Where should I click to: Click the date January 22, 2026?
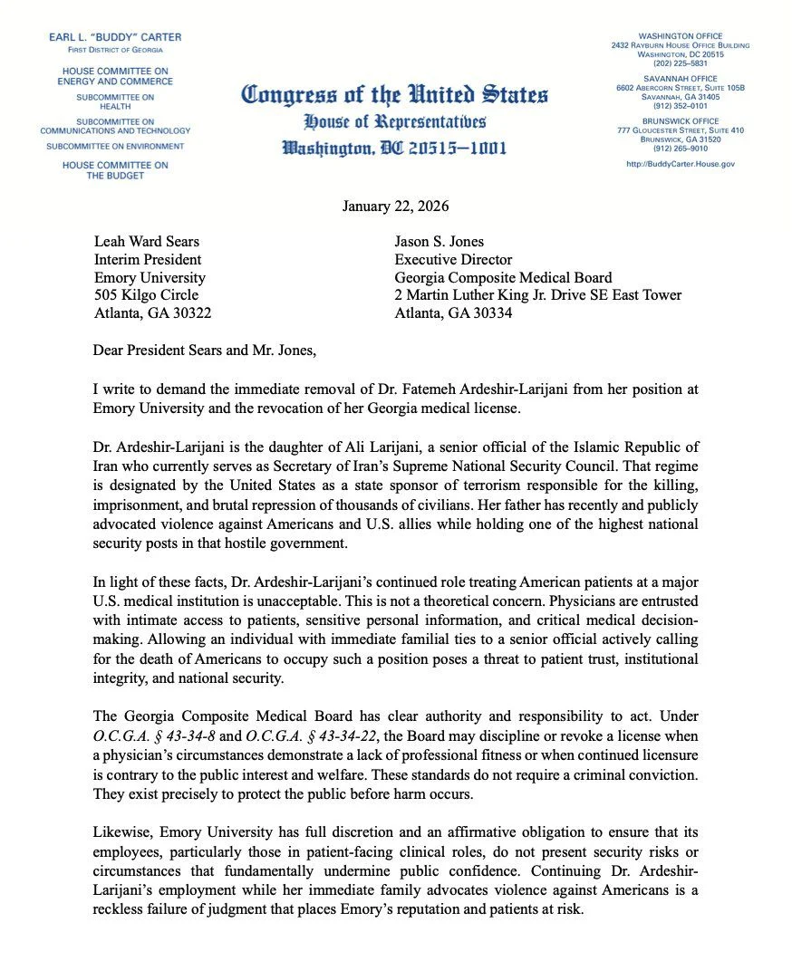click(396, 207)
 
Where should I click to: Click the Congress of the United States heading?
click(395, 94)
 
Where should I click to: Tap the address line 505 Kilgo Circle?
click(147, 295)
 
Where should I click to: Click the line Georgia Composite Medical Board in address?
click(504, 277)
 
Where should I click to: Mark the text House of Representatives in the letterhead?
click(395, 121)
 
